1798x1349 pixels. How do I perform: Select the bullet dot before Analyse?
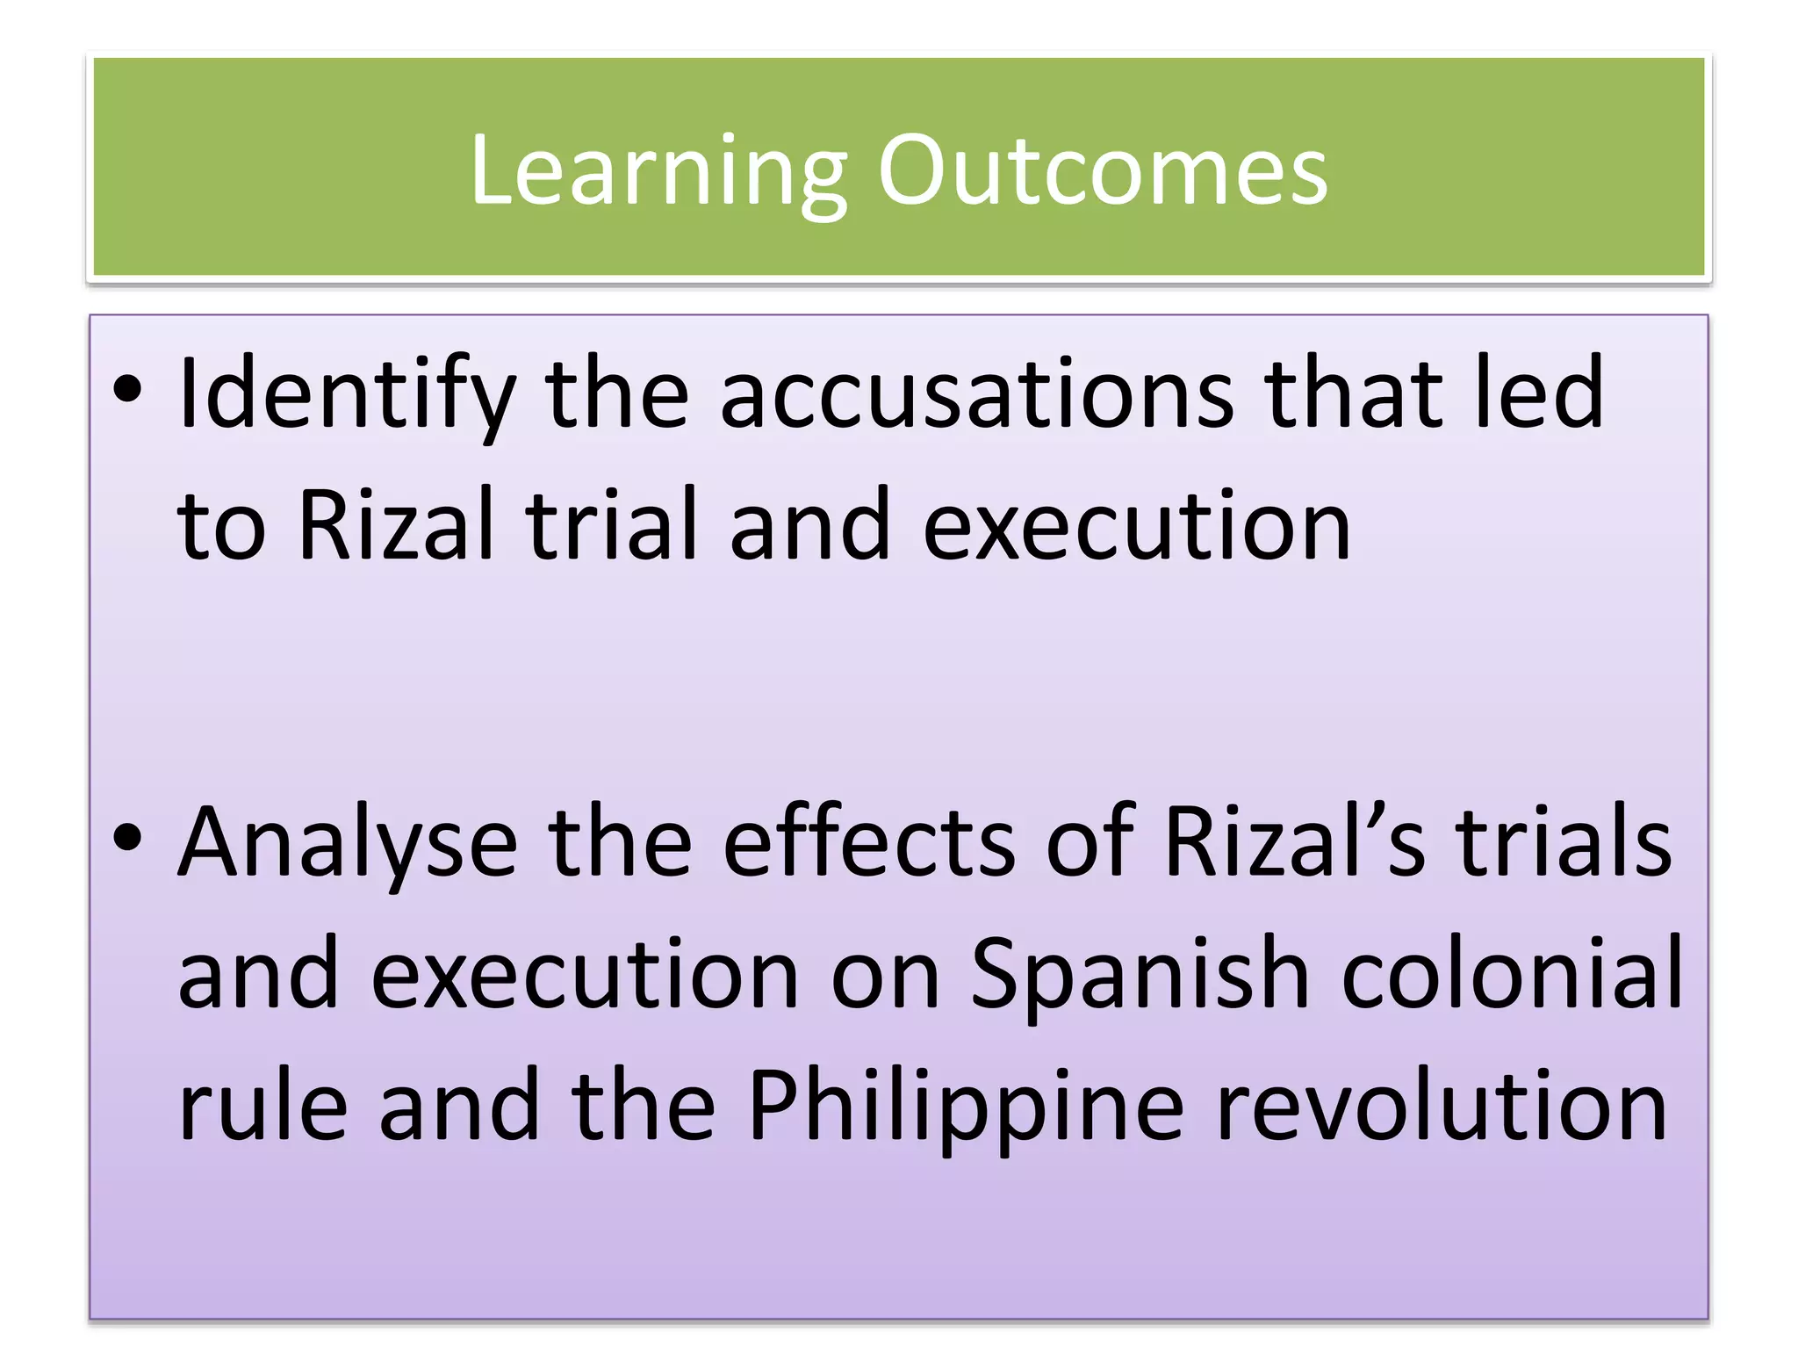[x=127, y=838]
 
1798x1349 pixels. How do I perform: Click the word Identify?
[x=346, y=395]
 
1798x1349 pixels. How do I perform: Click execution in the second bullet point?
[x=585, y=975]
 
